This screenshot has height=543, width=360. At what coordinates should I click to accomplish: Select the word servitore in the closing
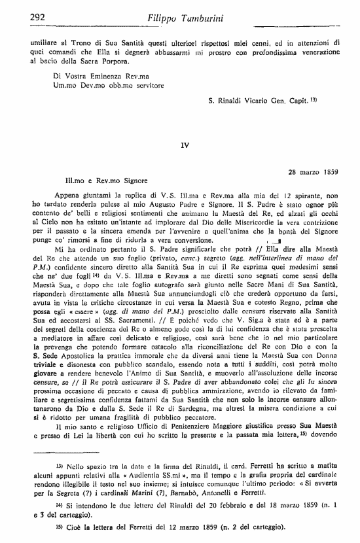tap(145, 85)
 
